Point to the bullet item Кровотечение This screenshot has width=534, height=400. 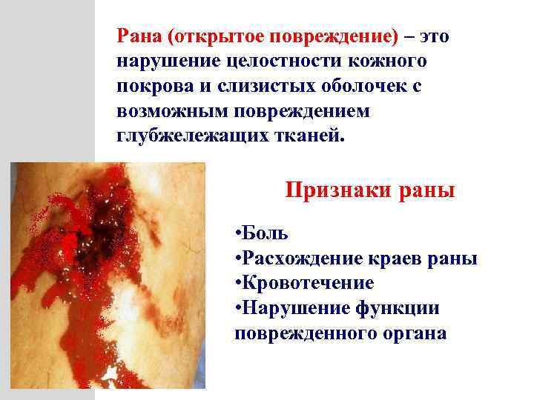[309, 284]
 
